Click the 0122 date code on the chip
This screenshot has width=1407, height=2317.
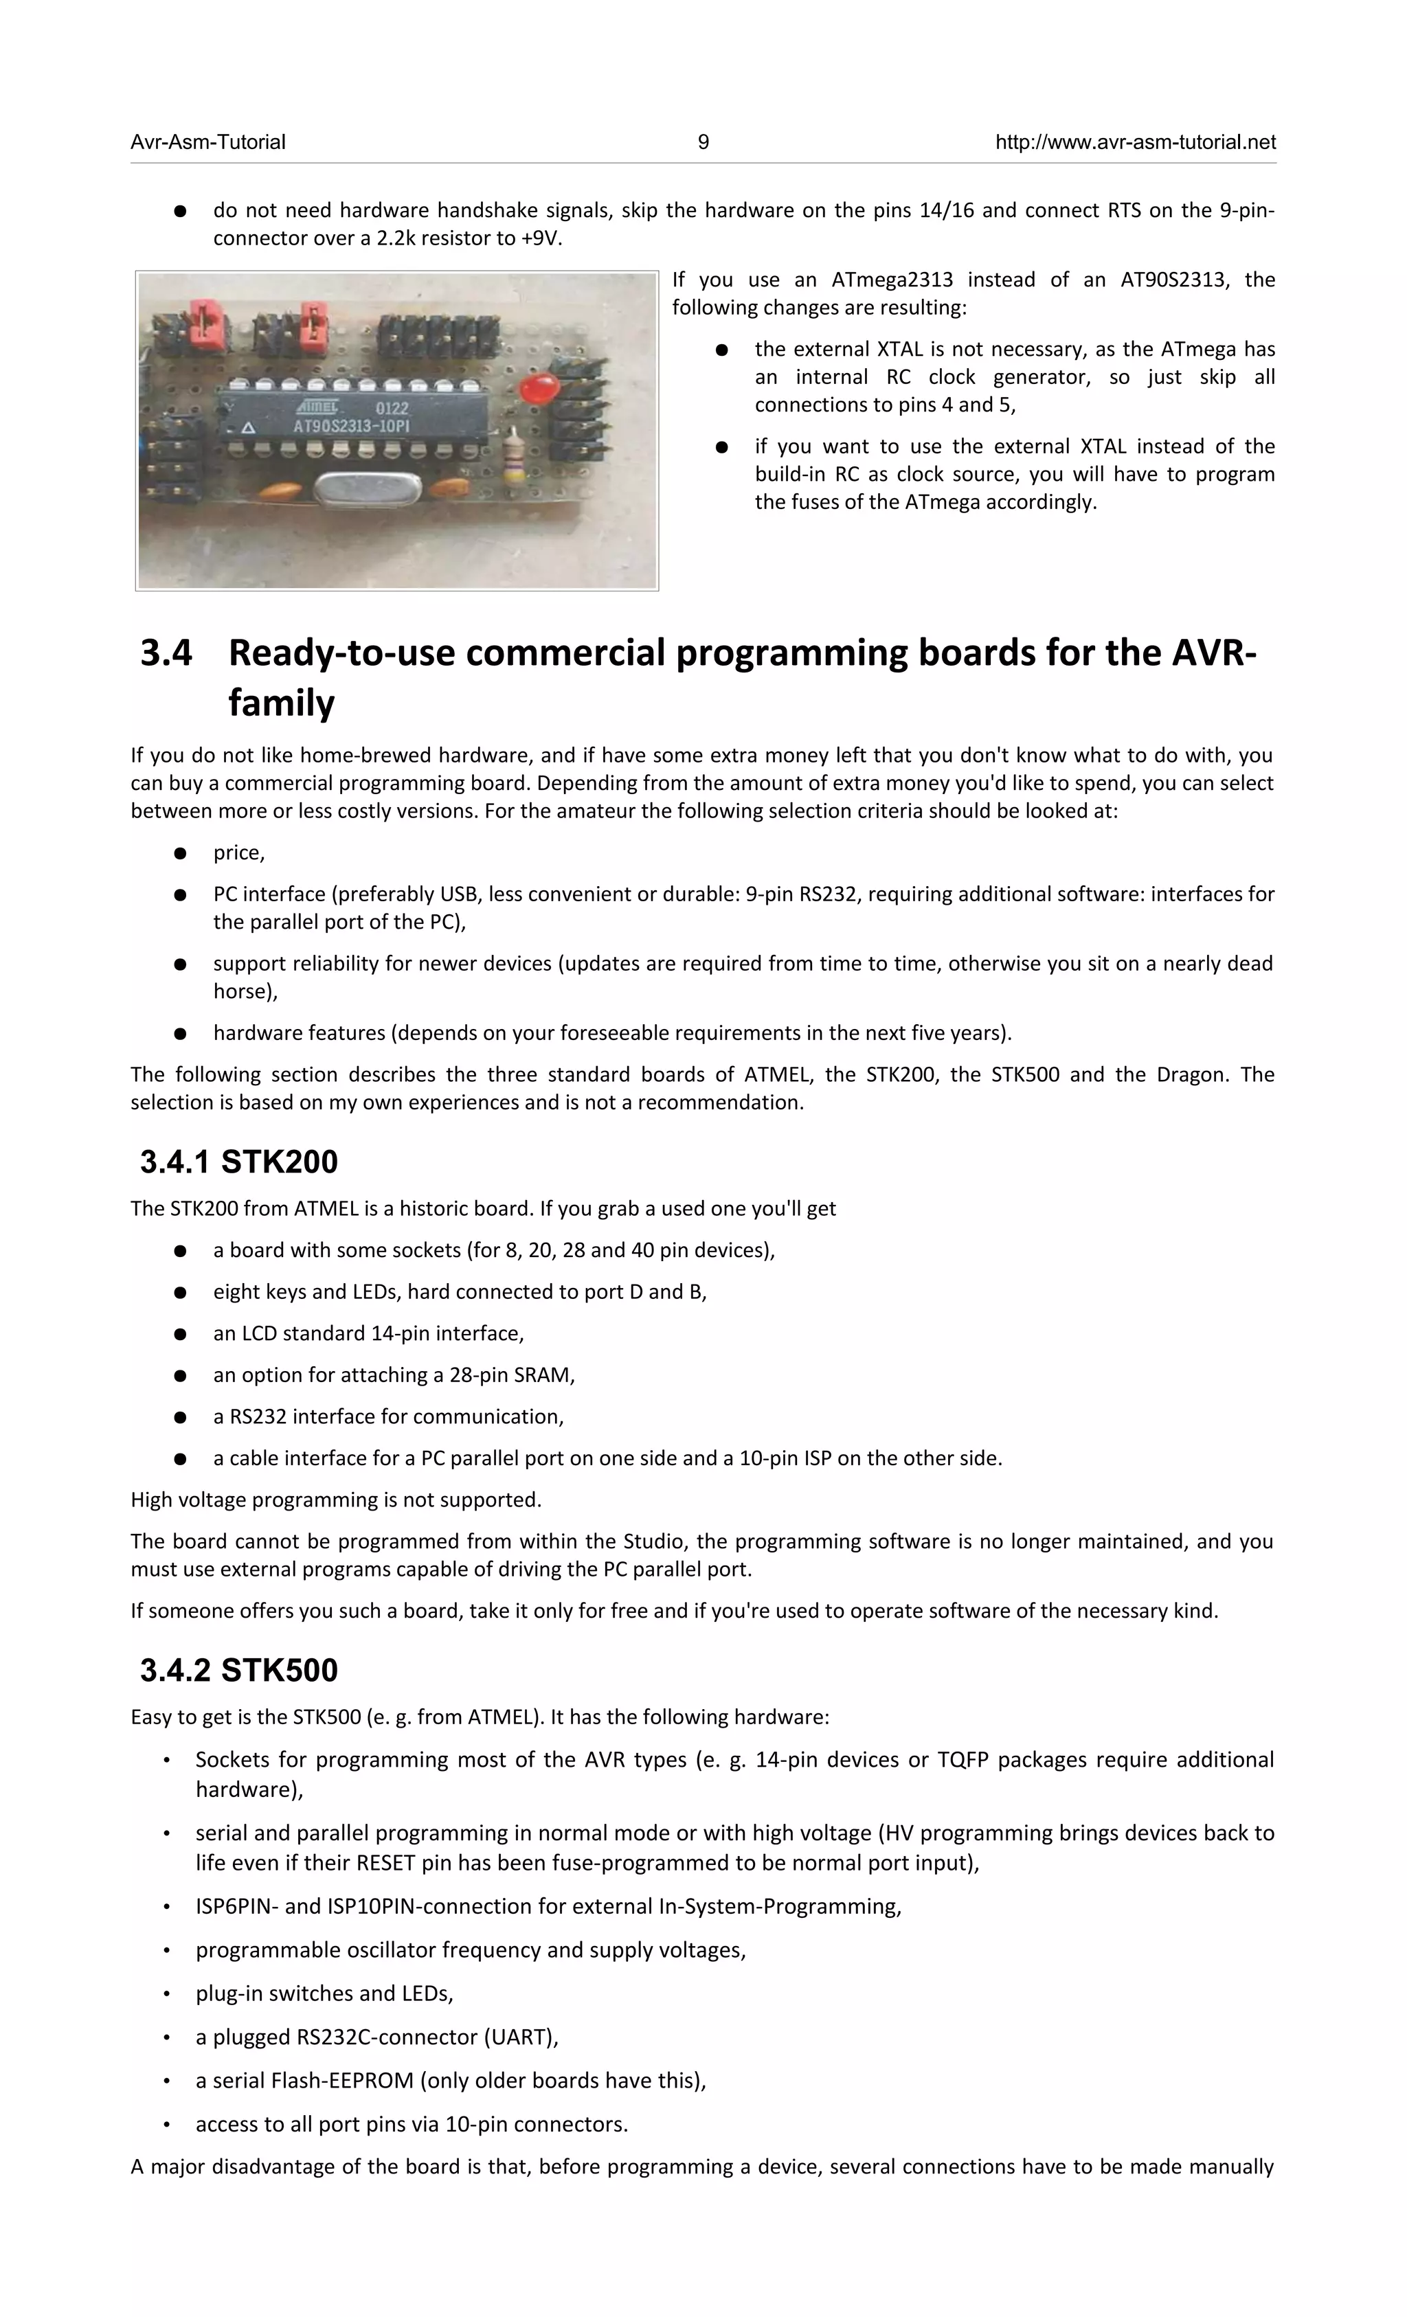tap(392, 409)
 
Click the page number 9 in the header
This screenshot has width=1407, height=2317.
tap(703, 142)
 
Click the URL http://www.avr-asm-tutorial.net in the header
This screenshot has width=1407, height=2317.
tap(1134, 142)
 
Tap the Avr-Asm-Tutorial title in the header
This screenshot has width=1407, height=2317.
tap(208, 142)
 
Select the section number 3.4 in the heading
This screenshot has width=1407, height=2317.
tap(166, 653)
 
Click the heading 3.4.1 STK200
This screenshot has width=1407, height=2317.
tap(239, 1162)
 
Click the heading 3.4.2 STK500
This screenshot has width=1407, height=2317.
tap(239, 1670)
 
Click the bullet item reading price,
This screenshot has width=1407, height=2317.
tap(239, 852)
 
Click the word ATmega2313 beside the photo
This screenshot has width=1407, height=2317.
tap(892, 280)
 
